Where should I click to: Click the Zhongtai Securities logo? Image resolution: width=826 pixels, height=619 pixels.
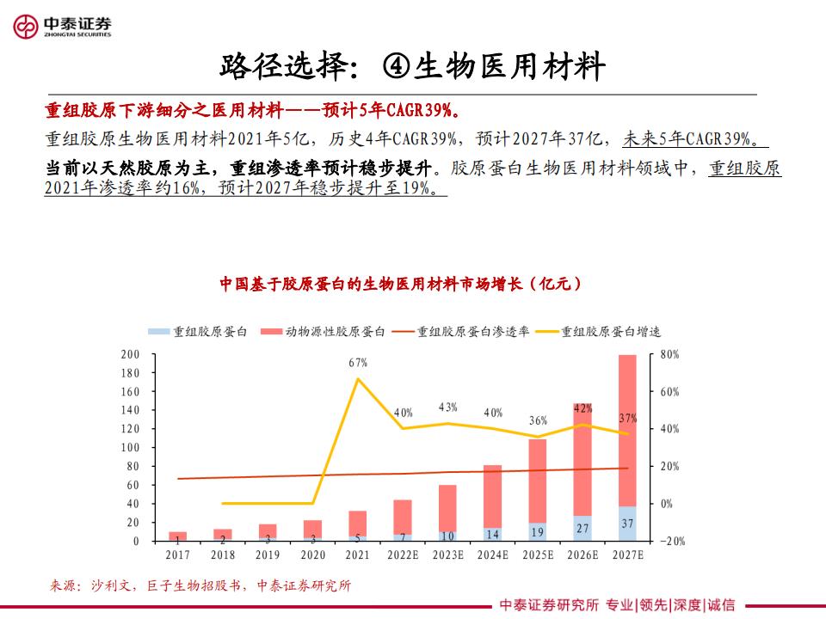pos(63,27)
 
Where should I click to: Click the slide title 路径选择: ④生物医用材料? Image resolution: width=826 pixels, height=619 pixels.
pos(413,66)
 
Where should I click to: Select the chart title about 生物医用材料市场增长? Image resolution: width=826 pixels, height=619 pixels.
pos(401,283)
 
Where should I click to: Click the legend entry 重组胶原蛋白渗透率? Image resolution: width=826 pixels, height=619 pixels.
pos(472,331)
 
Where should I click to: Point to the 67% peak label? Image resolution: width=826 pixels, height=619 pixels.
pos(358,363)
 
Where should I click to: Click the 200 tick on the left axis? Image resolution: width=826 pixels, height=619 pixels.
pos(130,354)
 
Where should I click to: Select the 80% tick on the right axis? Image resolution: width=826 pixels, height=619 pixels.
pos(669,354)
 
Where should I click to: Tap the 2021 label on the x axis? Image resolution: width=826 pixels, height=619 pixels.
pos(358,555)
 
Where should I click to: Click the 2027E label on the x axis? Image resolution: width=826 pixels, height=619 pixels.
pos(627,555)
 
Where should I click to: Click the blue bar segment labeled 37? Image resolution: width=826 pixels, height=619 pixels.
pos(627,524)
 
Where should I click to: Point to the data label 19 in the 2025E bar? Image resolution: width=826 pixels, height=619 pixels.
pos(538,531)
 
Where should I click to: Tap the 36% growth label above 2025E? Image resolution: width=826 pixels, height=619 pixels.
pos(538,420)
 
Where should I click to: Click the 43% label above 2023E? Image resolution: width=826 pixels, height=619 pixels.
pos(447,407)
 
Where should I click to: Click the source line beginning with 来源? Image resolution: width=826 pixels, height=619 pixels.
pos(200,585)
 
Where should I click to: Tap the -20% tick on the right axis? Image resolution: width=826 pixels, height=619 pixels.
pos(672,541)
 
